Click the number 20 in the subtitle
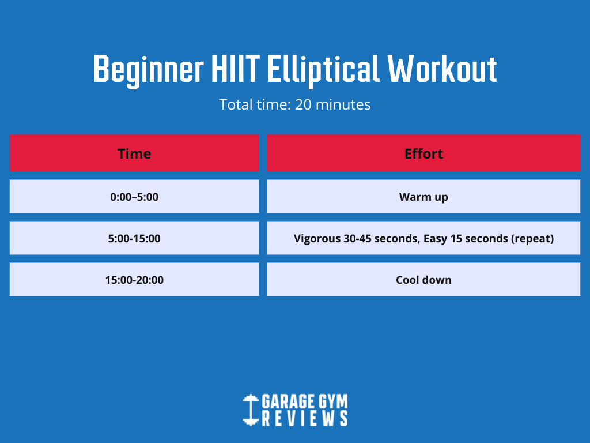[x=303, y=105]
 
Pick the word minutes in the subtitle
[x=343, y=105]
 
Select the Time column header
[x=134, y=153]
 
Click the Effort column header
[x=423, y=153]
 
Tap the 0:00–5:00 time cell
[x=134, y=197]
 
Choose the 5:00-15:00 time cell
[x=134, y=238]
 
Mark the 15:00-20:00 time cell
[x=134, y=280]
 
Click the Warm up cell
[x=423, y=197]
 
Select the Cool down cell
[x=423, y=280]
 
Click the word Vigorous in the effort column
[x=317, y=239]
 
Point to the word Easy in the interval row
[x=436, y=239]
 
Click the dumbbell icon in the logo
[x=251, y=410]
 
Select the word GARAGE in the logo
[x=288, y=401]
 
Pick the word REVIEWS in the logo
[x=305, y=419]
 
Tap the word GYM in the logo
[x=333, y=401]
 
